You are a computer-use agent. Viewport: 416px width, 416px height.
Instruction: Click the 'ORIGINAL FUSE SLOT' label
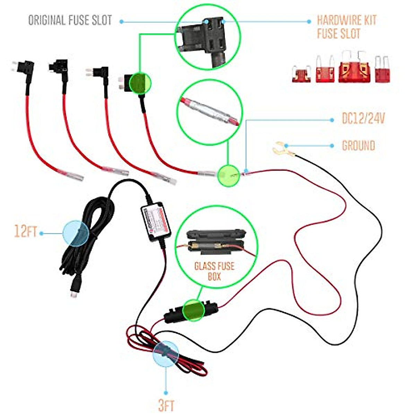70,20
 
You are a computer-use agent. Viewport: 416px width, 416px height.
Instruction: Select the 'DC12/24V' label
363,119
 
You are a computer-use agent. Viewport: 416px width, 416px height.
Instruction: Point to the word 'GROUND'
358,146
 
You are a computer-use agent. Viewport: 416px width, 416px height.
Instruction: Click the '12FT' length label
25,231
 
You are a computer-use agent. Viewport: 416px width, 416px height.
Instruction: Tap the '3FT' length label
166,405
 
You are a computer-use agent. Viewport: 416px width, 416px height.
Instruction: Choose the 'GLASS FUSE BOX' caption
215,271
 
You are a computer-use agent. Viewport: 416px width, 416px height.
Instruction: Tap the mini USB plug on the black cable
74,289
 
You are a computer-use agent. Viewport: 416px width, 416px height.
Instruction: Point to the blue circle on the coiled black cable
76,233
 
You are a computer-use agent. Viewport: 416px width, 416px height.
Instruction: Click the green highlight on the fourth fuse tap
140,83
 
